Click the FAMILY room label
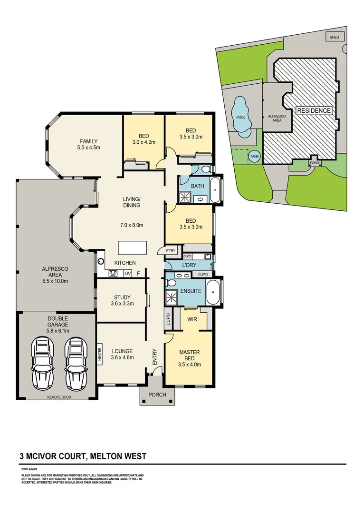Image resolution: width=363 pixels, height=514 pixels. [89, 141]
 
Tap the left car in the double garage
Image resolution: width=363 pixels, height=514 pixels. [42, 364]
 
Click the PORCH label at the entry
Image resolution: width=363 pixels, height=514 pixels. [157, 395]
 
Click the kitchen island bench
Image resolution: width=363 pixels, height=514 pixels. [133, 248]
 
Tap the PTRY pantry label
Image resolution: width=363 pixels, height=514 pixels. [170, 250]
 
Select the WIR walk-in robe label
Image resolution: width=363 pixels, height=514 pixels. [192, 319]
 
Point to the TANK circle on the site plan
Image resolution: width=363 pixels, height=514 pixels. [254, 156]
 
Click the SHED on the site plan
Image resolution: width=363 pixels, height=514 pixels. [334, 37]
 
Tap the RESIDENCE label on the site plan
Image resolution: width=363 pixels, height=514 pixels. [314, 110]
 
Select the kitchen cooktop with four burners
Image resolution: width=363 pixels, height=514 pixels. [114, 273]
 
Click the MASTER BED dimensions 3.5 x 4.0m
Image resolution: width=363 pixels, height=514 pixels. [189, 365]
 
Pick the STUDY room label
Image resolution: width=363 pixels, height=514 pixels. [122, 297]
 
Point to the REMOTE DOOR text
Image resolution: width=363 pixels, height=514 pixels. [59, 396]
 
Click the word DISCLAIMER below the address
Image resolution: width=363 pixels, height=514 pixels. [29, 469]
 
